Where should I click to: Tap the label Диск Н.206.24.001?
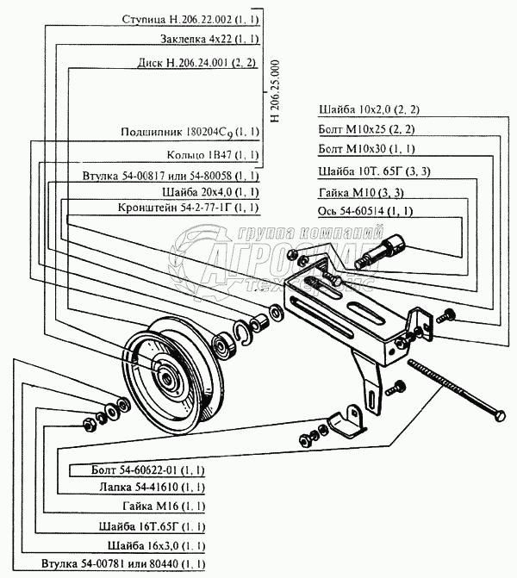(x=197, y=63)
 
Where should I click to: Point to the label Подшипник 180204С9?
(x=190, y=133)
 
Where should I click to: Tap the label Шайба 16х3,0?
(x=156, y=545)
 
